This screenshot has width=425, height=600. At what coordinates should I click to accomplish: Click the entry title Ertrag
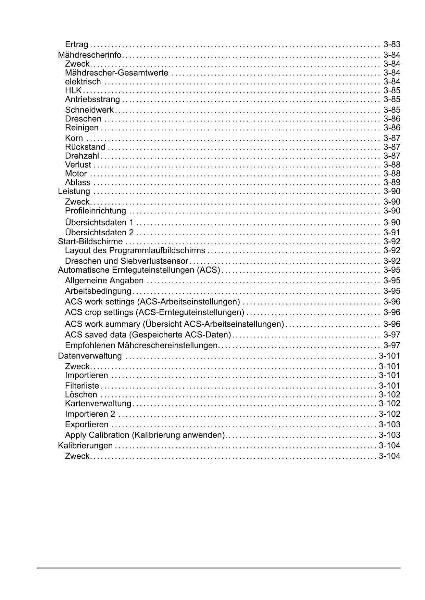[x=76, y=44]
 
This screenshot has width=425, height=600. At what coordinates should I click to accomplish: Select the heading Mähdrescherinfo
[x=90, y=55]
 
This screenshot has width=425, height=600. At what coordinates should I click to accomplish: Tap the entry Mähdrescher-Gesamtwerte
[x=116, y=73]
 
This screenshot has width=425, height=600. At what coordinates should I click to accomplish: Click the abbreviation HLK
[x=73, y=91]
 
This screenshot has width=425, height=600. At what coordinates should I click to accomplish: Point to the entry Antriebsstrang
[x=92, y=100]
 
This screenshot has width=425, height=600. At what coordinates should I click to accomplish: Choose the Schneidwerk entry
[x=89, y=110]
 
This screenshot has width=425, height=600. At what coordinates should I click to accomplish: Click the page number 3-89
[x=392, y=183]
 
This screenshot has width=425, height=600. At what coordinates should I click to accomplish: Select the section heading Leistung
[x=74, y=192]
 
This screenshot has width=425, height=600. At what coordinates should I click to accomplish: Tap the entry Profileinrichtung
[x=96, y=211]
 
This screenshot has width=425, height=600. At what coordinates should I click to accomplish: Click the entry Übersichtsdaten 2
[x=99, y=233]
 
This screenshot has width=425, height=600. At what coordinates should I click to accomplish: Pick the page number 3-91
[x=392, y=233]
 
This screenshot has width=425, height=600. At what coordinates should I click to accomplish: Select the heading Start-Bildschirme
[x=90, y=242]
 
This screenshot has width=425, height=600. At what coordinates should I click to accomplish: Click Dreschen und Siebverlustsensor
[x=126, y=261]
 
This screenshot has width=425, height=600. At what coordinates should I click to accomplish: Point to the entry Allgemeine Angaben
[x=104, y=281]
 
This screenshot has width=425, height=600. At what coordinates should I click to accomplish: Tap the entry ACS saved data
[x=148, y=335]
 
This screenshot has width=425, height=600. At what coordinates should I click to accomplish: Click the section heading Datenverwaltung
[x=90, y=356]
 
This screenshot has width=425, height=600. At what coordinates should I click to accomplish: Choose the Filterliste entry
[x=82, y=386]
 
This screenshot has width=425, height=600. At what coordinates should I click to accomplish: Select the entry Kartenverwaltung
[x=98, y=404]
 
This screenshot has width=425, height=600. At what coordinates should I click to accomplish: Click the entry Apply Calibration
[x=145, y=435]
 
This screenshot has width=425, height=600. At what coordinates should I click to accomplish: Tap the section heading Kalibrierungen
[x=85, y=446]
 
